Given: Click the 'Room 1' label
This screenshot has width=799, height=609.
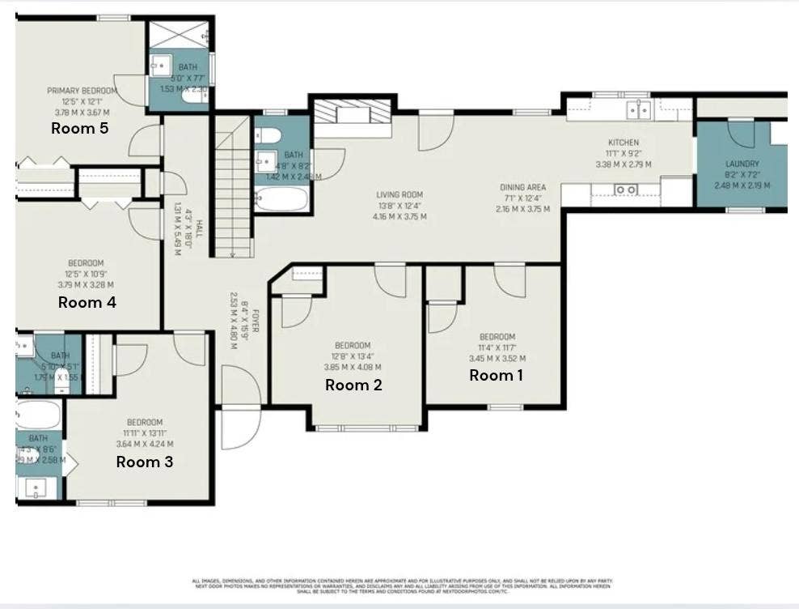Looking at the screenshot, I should [497, 375].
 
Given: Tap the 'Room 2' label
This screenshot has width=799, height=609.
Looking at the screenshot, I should [353, 385].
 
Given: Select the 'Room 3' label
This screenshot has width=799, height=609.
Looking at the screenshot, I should [144, 462].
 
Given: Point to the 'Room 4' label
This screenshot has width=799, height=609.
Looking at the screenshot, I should [87, 302].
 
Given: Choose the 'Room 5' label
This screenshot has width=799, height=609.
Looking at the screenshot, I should [79, 127].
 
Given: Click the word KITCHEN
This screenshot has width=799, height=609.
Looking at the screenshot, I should [624, 143].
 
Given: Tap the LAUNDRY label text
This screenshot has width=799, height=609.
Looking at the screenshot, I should [742, 164].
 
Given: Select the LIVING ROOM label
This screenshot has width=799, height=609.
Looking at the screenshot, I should [399, 194].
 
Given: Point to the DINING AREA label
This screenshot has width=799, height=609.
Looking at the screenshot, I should [522, 187].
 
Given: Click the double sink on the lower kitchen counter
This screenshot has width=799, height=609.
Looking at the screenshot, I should [625, 190].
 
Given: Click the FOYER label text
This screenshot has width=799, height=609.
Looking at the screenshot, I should [254, 319].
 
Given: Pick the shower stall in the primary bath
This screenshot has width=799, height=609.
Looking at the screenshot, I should [179, 35].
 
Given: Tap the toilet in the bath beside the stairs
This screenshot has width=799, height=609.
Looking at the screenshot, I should [270, 134].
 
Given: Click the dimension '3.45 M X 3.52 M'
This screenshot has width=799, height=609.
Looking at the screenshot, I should [497, 358].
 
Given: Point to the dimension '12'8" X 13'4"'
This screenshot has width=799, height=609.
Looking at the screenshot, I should [353, 356].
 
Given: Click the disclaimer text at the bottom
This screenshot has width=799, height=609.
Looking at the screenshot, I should [402, 586].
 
